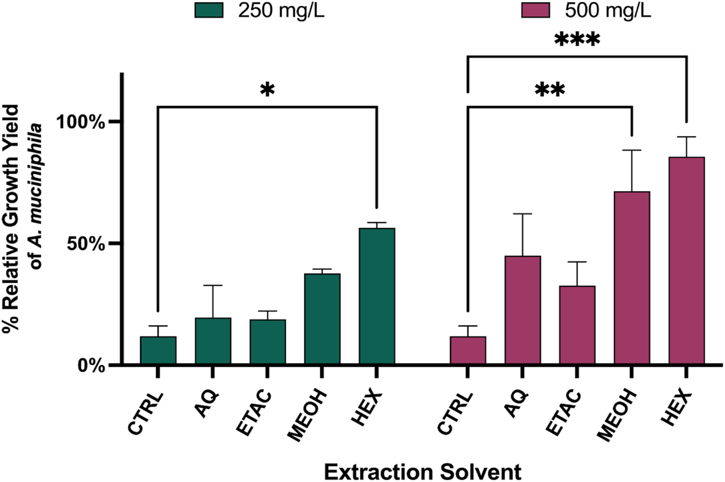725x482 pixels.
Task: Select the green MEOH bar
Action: (322, 319)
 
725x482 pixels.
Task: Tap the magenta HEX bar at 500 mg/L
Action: (686, 261)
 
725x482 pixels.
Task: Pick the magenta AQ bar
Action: (522, 310)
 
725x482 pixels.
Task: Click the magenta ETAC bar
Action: (577, 325)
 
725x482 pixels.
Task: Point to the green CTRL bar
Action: (158, 351)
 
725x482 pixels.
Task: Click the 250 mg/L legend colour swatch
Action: (209, 10)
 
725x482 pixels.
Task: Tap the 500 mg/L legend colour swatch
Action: (536, 10)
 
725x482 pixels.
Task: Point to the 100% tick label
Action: (83, 122)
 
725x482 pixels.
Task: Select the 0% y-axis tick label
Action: (94, 365)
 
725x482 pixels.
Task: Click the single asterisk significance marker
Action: (267, 90)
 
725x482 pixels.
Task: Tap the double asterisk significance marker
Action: (550, 90)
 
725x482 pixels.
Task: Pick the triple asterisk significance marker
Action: (577, 40)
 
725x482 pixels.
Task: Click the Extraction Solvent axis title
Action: (422, 472)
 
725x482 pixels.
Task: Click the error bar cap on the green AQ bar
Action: (213, 285)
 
